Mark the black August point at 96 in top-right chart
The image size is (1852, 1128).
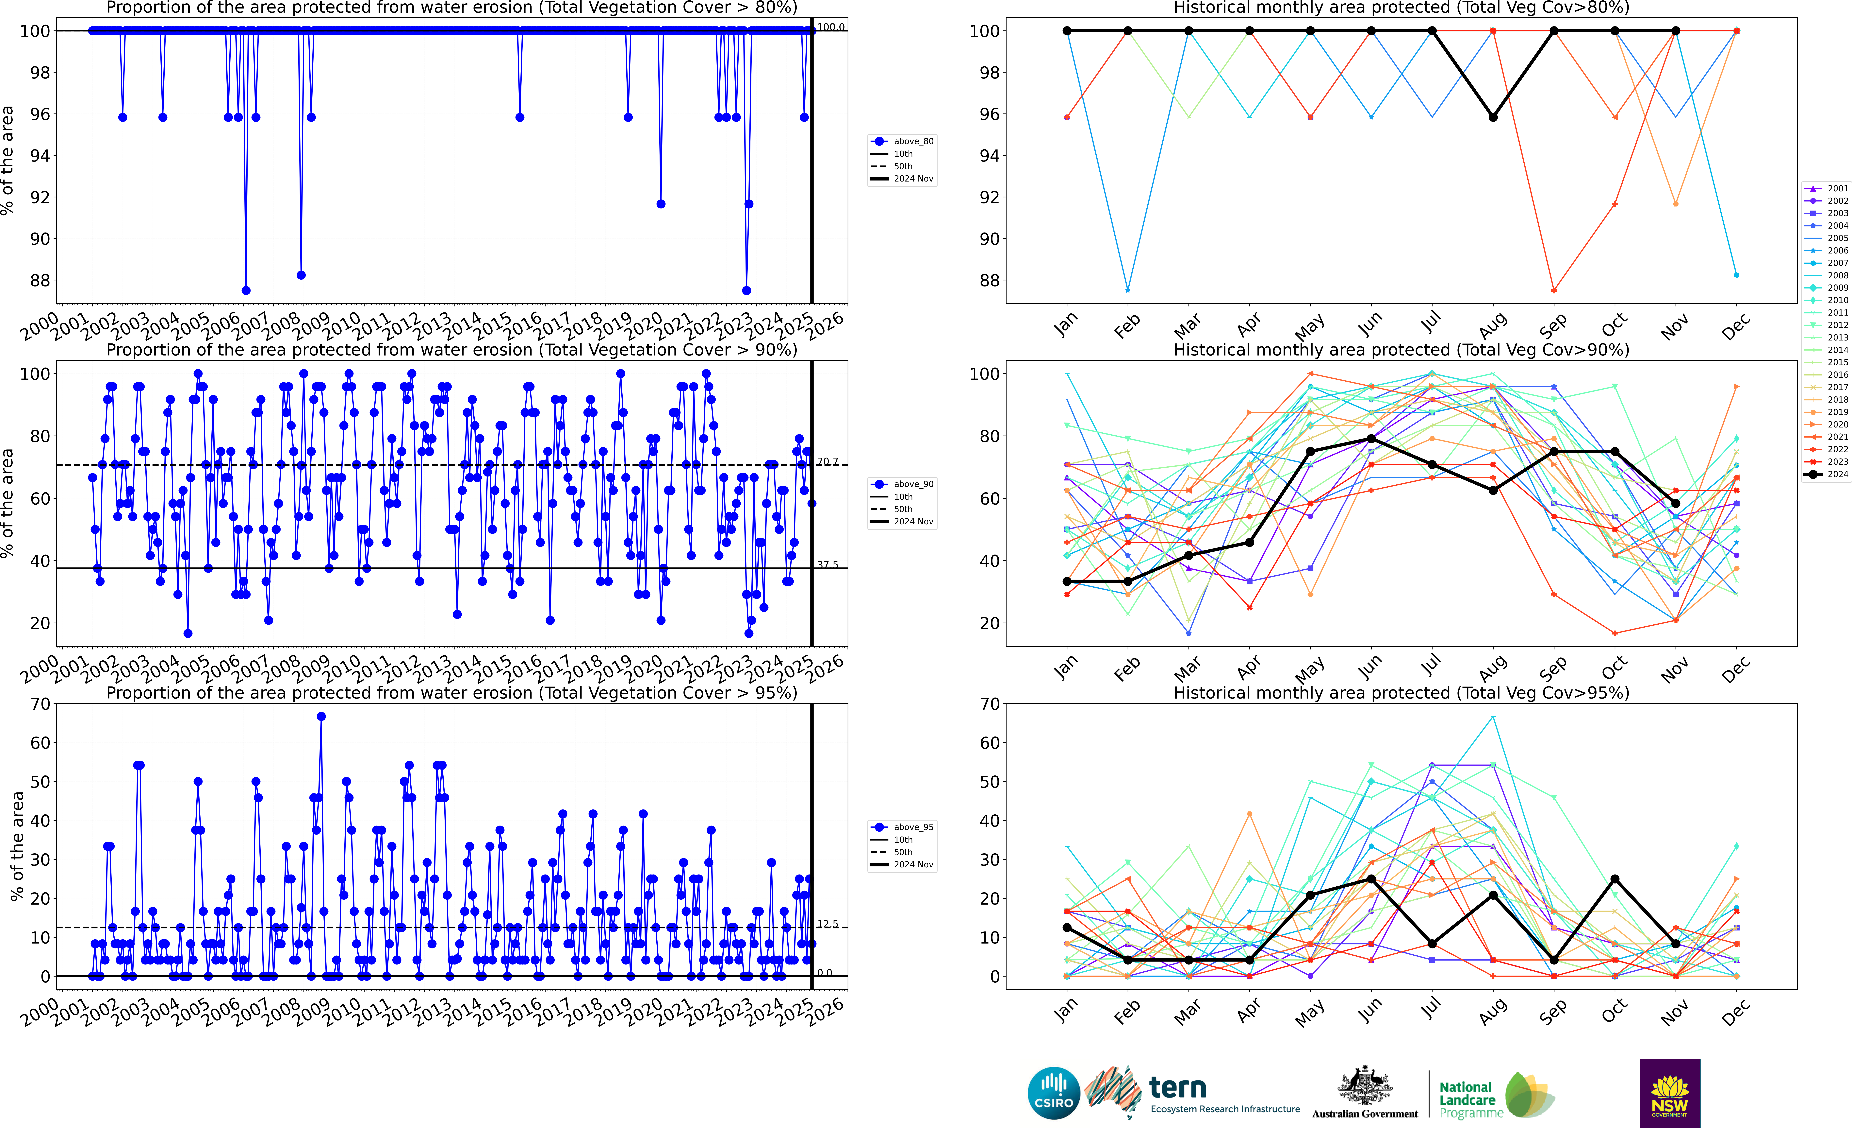1493,117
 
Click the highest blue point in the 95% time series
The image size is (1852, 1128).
321,717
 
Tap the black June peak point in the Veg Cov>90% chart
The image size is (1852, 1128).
1371,438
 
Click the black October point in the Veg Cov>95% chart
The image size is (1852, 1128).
1614,879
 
